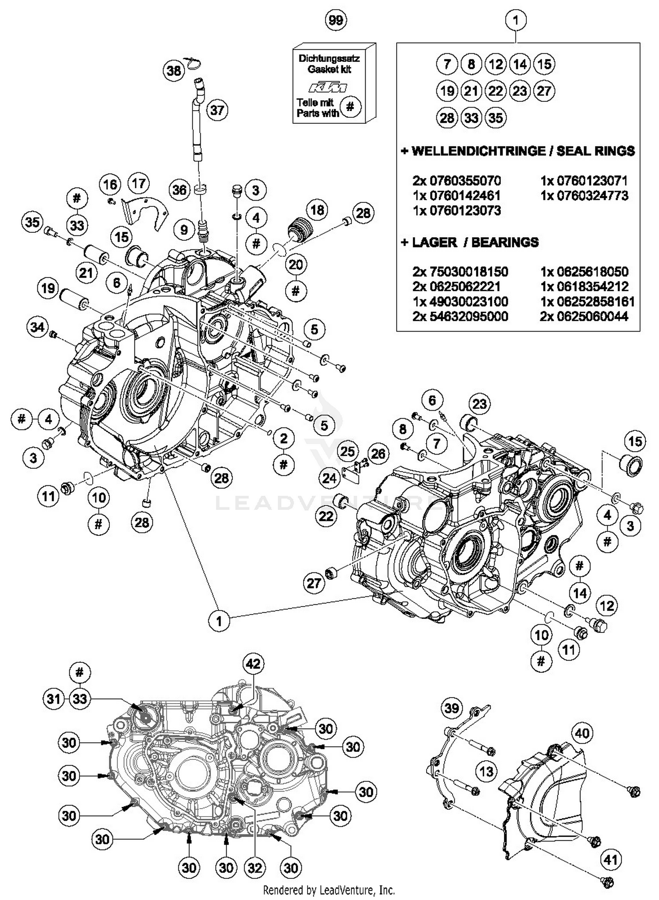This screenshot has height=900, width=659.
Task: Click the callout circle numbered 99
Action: tap(336, 20)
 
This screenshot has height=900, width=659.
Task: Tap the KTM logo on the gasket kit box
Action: tap(328, 87)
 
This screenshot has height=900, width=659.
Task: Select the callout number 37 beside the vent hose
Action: tap(217, 109)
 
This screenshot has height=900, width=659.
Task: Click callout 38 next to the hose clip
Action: tap(174, 70)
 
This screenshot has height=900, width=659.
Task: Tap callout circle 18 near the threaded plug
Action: tap(317, 210)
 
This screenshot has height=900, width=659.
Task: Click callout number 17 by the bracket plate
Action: tap(138, 183)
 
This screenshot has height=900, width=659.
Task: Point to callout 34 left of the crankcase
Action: tap(37, 327)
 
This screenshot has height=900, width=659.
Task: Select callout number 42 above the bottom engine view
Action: tap(253, 664)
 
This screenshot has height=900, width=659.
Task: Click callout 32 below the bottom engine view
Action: tap(254, 867)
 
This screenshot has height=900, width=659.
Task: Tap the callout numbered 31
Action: tap(54, 698)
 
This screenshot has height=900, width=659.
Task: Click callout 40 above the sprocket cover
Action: tap(582, 733)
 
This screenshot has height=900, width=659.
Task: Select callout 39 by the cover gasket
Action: tap(452, 708)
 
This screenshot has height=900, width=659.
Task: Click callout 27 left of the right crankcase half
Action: tap(314, 583)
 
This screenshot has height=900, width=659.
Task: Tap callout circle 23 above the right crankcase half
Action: tap(479, 404)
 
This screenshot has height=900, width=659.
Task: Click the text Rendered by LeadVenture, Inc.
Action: tap(329, 890)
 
